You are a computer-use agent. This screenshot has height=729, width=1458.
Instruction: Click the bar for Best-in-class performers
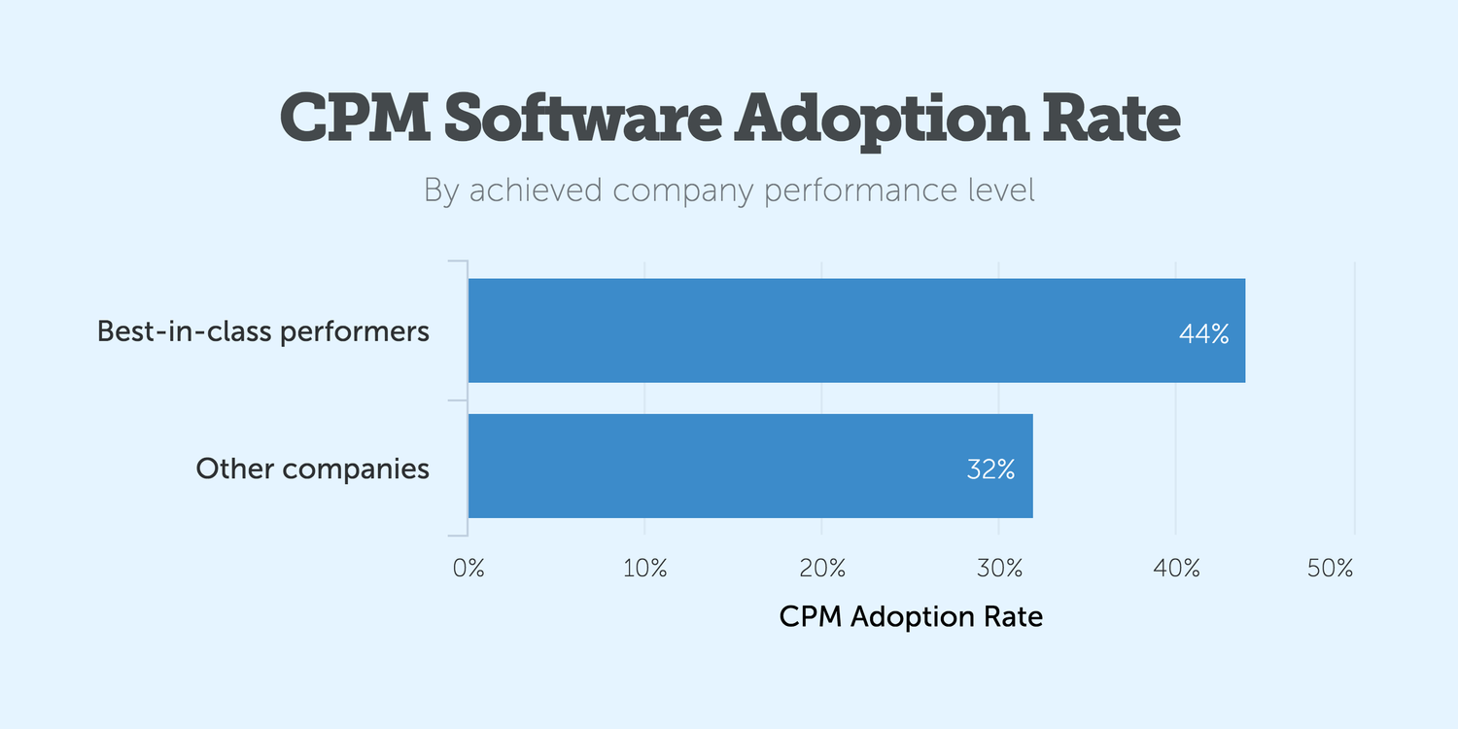tap(855, 330)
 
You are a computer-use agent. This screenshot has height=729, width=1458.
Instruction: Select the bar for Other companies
tap(749, 466)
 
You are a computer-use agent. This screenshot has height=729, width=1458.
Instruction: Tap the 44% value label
tap(1203, 334)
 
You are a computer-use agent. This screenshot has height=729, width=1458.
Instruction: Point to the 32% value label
tap(990, 469)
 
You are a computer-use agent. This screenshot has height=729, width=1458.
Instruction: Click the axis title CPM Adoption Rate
tap(911, 616)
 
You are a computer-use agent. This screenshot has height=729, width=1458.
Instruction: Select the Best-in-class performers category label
tap(262, 331)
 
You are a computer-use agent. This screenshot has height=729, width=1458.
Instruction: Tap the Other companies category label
tap(312, 469)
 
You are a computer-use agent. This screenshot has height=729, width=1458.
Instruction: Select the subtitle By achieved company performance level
tap(729, 191)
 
